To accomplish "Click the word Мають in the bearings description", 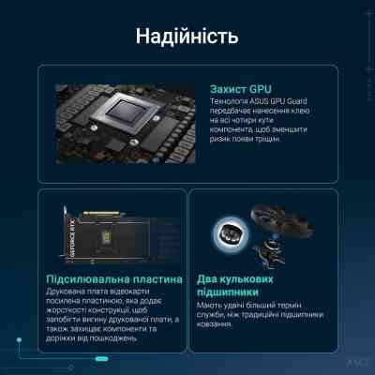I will pos(211,307).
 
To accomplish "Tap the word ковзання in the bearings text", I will pos(217,330).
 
